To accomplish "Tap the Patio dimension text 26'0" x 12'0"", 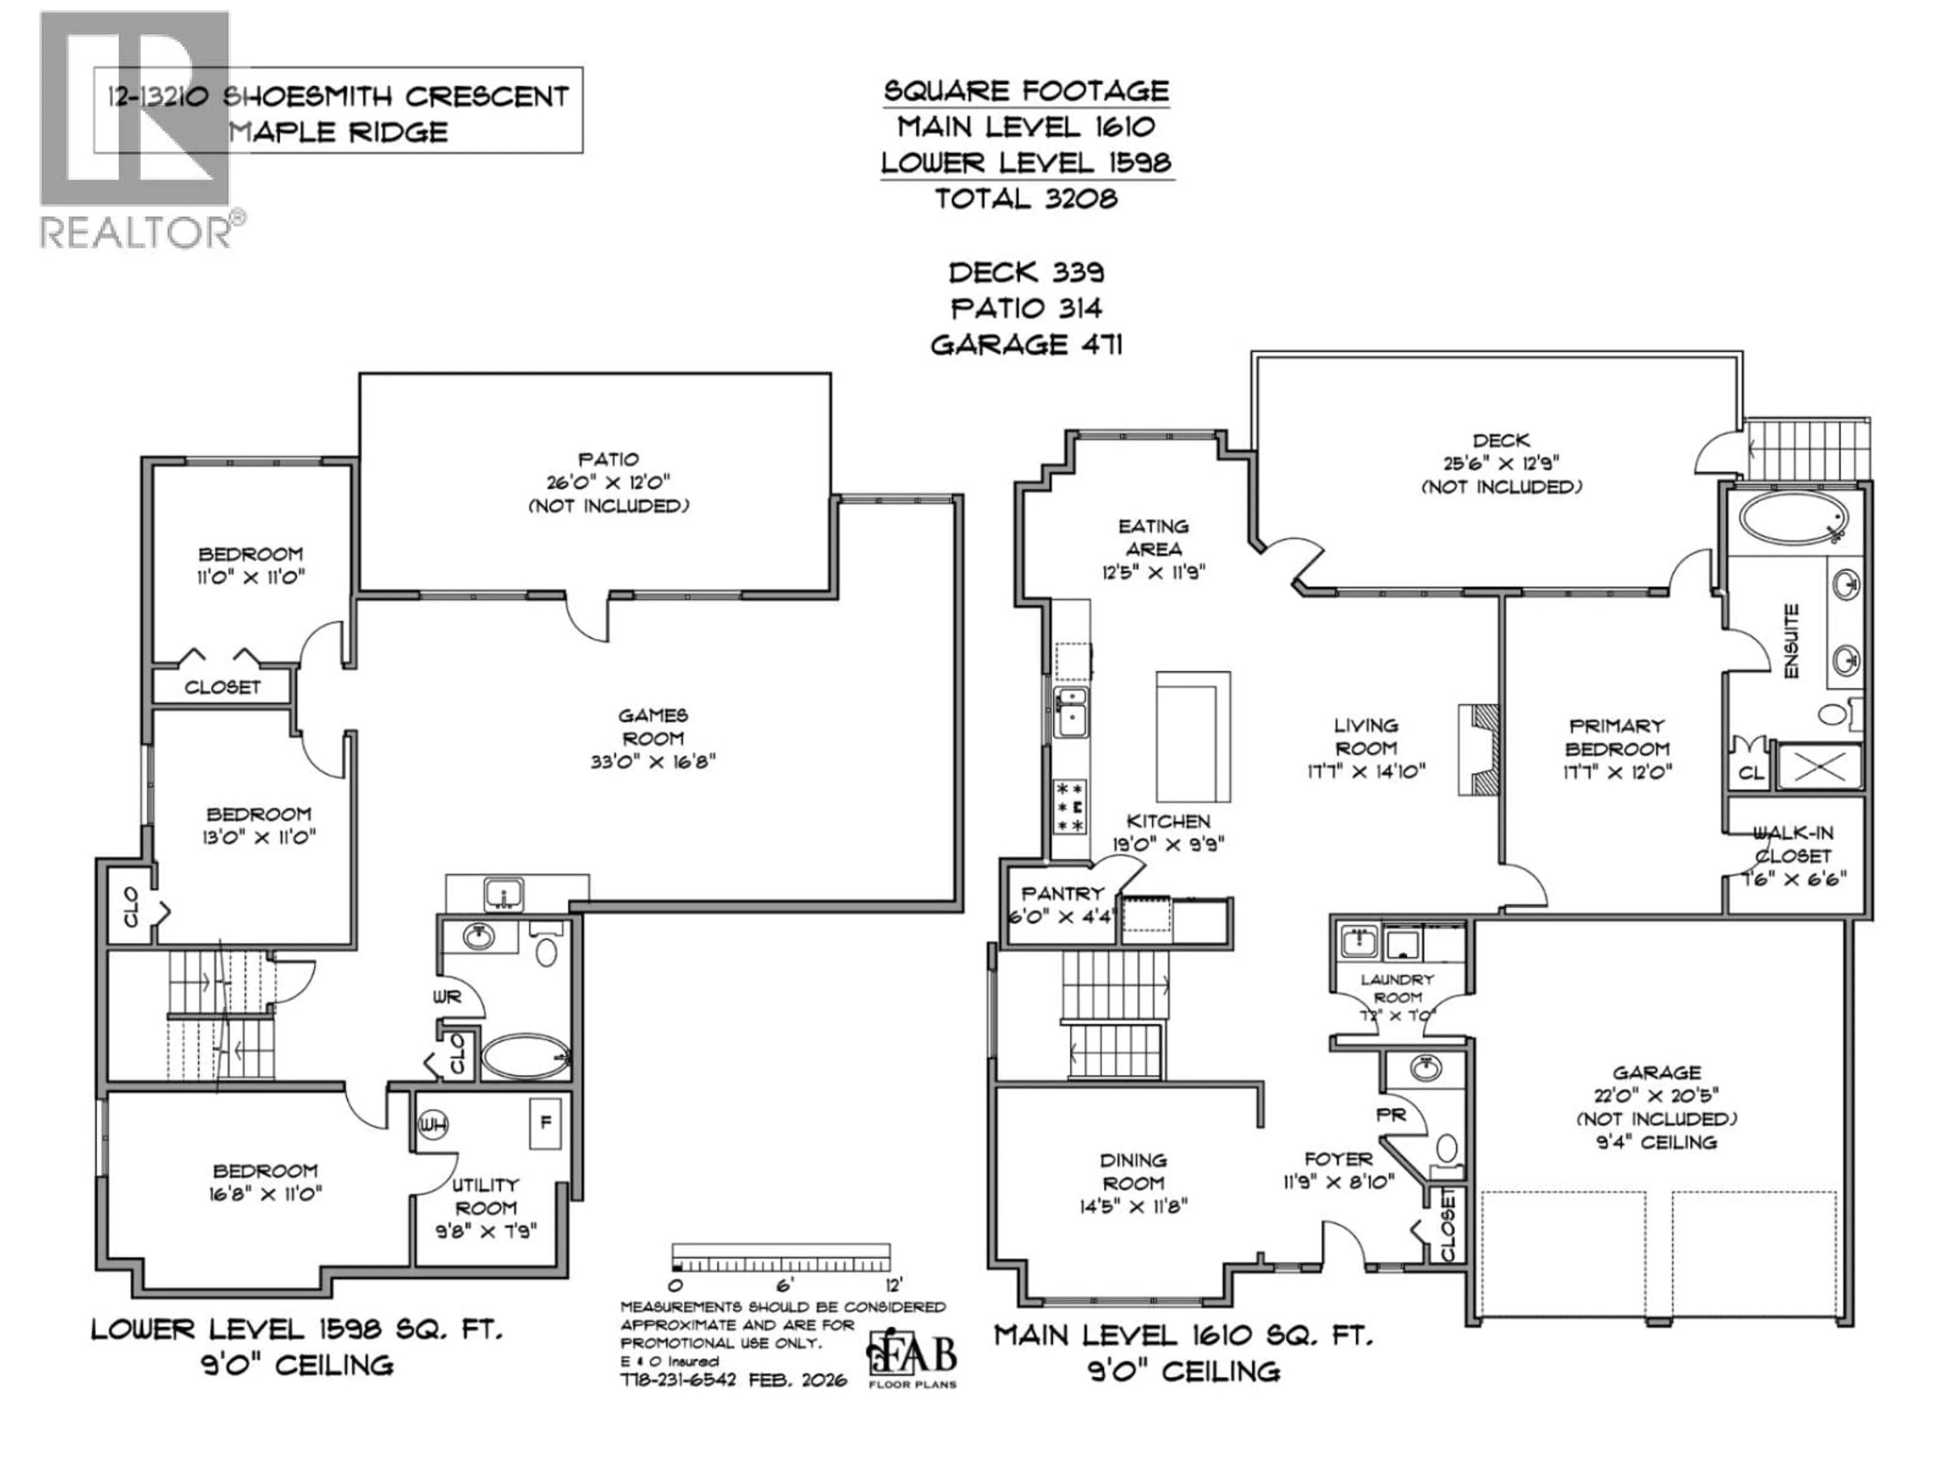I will pos(609,483).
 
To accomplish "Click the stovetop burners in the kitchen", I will pos(1070,806).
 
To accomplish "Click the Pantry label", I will pos(1062,893).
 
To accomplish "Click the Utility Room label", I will pos(485,1196).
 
